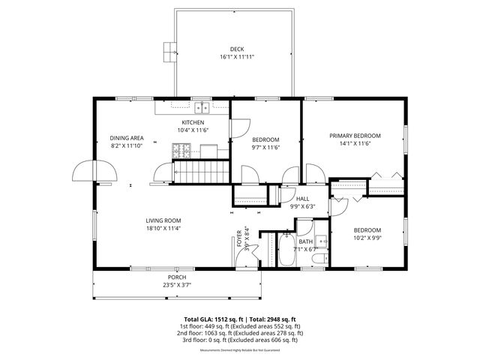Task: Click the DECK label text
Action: [237, 49]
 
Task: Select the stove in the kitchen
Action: [181, 151]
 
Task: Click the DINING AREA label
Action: [127, 138]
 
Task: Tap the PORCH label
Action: [177, 277]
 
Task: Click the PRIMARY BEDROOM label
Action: [355, 136]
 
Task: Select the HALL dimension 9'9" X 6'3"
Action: [303, 206]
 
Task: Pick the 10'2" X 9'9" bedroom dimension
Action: [367, 238]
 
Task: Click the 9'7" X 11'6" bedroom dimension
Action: [265, 147]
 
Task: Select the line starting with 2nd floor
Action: [239, 332]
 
